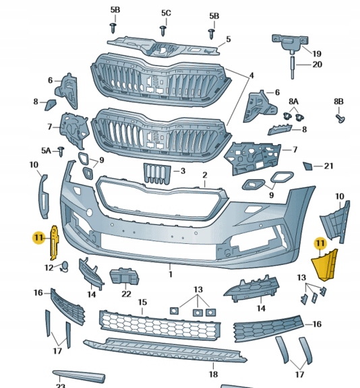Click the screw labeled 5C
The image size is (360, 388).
(162, 30)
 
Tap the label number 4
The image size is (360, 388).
(251, 75)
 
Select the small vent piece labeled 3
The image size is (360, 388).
(157, 174)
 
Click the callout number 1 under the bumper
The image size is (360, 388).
(171, 274)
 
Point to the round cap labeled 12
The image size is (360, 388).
(65, 266)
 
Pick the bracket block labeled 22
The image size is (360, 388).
(124, 276)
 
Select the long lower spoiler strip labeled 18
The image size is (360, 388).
(165, 351)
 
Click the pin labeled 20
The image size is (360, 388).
(293, 67)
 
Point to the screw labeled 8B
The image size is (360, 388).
(340, 119)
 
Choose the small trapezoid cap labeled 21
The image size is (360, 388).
(308, 166)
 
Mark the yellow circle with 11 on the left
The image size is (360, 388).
(39, 238)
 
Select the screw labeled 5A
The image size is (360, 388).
(61, 151)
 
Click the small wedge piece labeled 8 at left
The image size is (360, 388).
(50, 104)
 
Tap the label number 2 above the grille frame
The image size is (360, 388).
(204, 175)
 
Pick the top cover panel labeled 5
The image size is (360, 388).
(163, 47)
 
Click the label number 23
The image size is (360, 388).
(60, 385)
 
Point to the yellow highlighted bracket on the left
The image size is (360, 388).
(55, 243)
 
